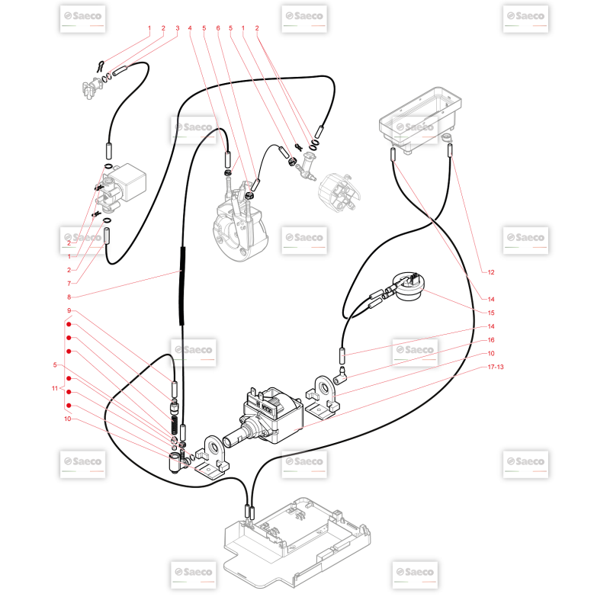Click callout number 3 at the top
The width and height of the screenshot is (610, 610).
point(178,28)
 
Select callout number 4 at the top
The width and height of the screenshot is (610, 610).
point(190,28)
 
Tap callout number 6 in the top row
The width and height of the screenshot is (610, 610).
point(218,28)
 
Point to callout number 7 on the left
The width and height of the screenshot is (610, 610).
point(69,284)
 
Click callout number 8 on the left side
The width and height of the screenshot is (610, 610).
point(69,297)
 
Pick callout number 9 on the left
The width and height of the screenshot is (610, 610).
point(69,310)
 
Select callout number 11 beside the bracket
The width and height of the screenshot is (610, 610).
point(55,388)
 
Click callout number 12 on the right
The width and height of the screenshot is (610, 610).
point(491,272)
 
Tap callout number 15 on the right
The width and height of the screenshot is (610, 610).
point(491,313)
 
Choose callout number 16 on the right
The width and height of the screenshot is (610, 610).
point(491,340)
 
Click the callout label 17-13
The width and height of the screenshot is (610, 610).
point(496,367)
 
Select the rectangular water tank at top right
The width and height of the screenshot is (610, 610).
point(420,119)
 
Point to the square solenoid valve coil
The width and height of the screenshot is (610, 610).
point(130,182)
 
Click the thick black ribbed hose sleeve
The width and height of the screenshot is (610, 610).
point(182,286)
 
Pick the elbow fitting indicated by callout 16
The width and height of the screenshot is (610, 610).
point(339,374)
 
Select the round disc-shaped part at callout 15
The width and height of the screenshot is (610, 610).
point(408,286)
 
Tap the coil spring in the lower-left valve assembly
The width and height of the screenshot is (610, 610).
point(175,425)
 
